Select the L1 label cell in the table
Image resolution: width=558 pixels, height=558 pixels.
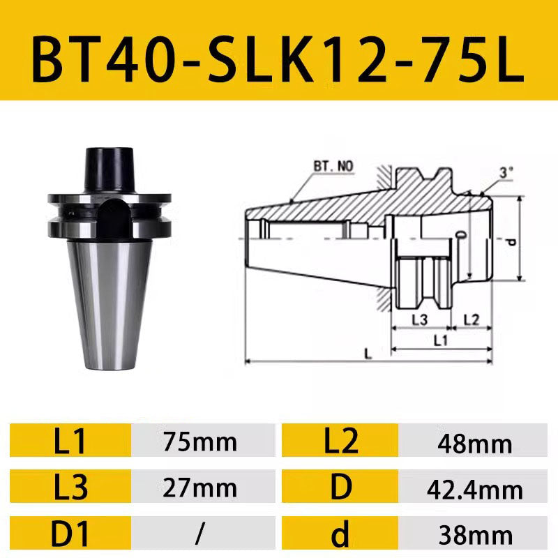[x=70, y=440]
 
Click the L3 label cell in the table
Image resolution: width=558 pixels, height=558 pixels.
[x=70, y=488]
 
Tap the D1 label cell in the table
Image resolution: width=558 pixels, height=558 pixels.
[x=70, y=534]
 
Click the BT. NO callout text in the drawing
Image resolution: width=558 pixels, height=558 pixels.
[x=333, y=167]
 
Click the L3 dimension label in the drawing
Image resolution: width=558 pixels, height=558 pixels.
[x=419, y=319]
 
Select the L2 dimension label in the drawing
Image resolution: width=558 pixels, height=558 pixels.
[x=472, y=319]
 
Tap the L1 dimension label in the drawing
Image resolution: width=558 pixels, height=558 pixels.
[x=441, y=340]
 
